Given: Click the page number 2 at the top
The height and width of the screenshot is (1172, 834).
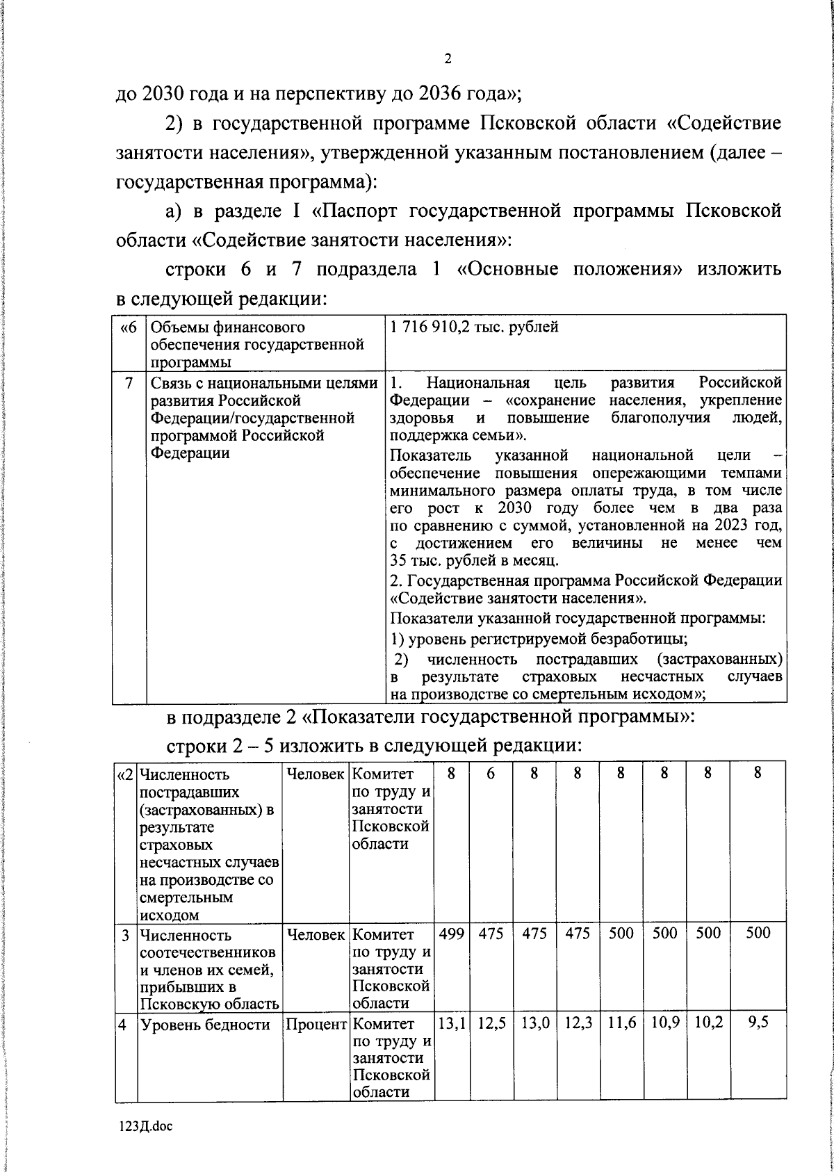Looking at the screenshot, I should click(448, 60).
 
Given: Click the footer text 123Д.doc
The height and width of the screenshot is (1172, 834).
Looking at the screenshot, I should click(145, 1127).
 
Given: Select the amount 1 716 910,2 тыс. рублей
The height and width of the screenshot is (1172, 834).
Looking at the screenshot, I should click(474, 327).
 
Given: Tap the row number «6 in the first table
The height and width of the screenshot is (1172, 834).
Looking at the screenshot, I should click(129, 327).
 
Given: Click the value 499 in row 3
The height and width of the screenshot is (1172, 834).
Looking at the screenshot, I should click(452, 934).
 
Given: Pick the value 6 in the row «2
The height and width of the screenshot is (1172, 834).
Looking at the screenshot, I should click(491, 773).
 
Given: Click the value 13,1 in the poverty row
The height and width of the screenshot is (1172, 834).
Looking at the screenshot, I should click(452, 1023).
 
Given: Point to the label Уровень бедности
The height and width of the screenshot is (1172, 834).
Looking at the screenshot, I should click(205, 1024).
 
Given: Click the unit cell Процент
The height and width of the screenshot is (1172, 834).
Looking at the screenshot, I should click(316, 1024).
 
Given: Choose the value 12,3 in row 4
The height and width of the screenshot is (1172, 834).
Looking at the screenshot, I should click(578, 1023).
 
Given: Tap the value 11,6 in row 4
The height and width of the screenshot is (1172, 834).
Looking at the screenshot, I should click(621, 1023).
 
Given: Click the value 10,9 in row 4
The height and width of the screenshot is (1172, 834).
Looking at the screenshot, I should click(664, 1023).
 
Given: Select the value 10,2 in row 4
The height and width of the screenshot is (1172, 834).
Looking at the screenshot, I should click(708, 1023).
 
